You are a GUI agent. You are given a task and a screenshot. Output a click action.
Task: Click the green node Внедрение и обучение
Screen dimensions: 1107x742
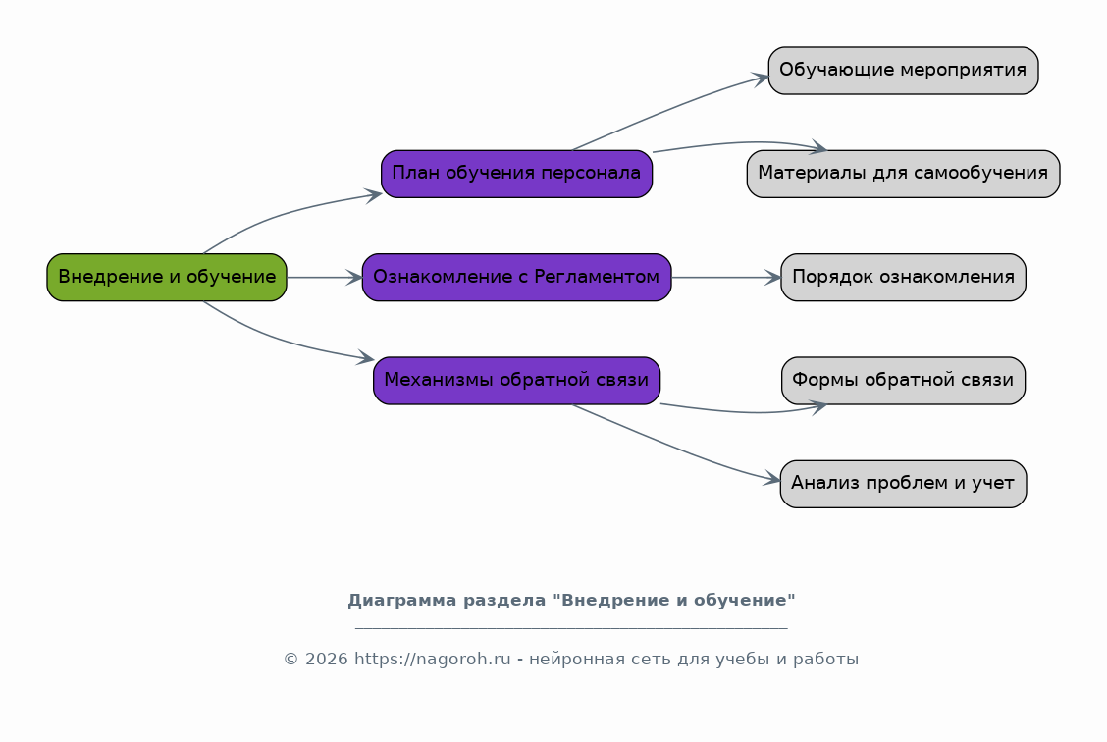point(167,278)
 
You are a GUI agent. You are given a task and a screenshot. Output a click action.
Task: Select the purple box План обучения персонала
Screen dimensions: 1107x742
point(517,174)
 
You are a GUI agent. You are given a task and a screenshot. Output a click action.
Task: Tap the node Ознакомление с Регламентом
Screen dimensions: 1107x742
point(517,278)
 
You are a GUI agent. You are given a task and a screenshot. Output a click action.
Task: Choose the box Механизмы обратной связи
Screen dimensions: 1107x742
point(517,381)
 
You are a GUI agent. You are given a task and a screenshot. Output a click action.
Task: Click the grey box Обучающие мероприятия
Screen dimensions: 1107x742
point(903,71)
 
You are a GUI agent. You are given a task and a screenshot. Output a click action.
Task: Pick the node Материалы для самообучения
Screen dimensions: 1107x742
point(903,174)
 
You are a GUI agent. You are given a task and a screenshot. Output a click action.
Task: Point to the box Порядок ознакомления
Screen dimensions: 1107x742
point(903,278)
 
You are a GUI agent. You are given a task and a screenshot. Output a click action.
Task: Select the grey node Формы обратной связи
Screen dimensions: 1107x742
point(903,381)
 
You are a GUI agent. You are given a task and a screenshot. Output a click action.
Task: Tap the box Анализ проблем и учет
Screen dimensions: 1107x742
point(903,484)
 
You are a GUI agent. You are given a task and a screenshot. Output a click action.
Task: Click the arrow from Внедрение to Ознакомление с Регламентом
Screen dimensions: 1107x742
point(325,278)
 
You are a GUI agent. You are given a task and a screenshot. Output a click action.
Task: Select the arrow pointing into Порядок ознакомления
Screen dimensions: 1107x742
point(726,278)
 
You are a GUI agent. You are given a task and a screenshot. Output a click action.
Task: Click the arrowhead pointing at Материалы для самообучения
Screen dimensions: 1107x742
point(818,147)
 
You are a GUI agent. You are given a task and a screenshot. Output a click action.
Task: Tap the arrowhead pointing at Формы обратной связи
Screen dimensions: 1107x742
point(818,407)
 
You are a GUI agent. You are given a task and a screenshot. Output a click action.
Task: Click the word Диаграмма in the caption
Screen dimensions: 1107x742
point(401,600)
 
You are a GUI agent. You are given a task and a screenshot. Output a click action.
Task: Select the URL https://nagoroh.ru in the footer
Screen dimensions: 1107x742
point(432,660)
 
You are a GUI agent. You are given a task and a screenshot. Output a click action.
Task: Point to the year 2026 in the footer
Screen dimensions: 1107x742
point(326,660)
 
